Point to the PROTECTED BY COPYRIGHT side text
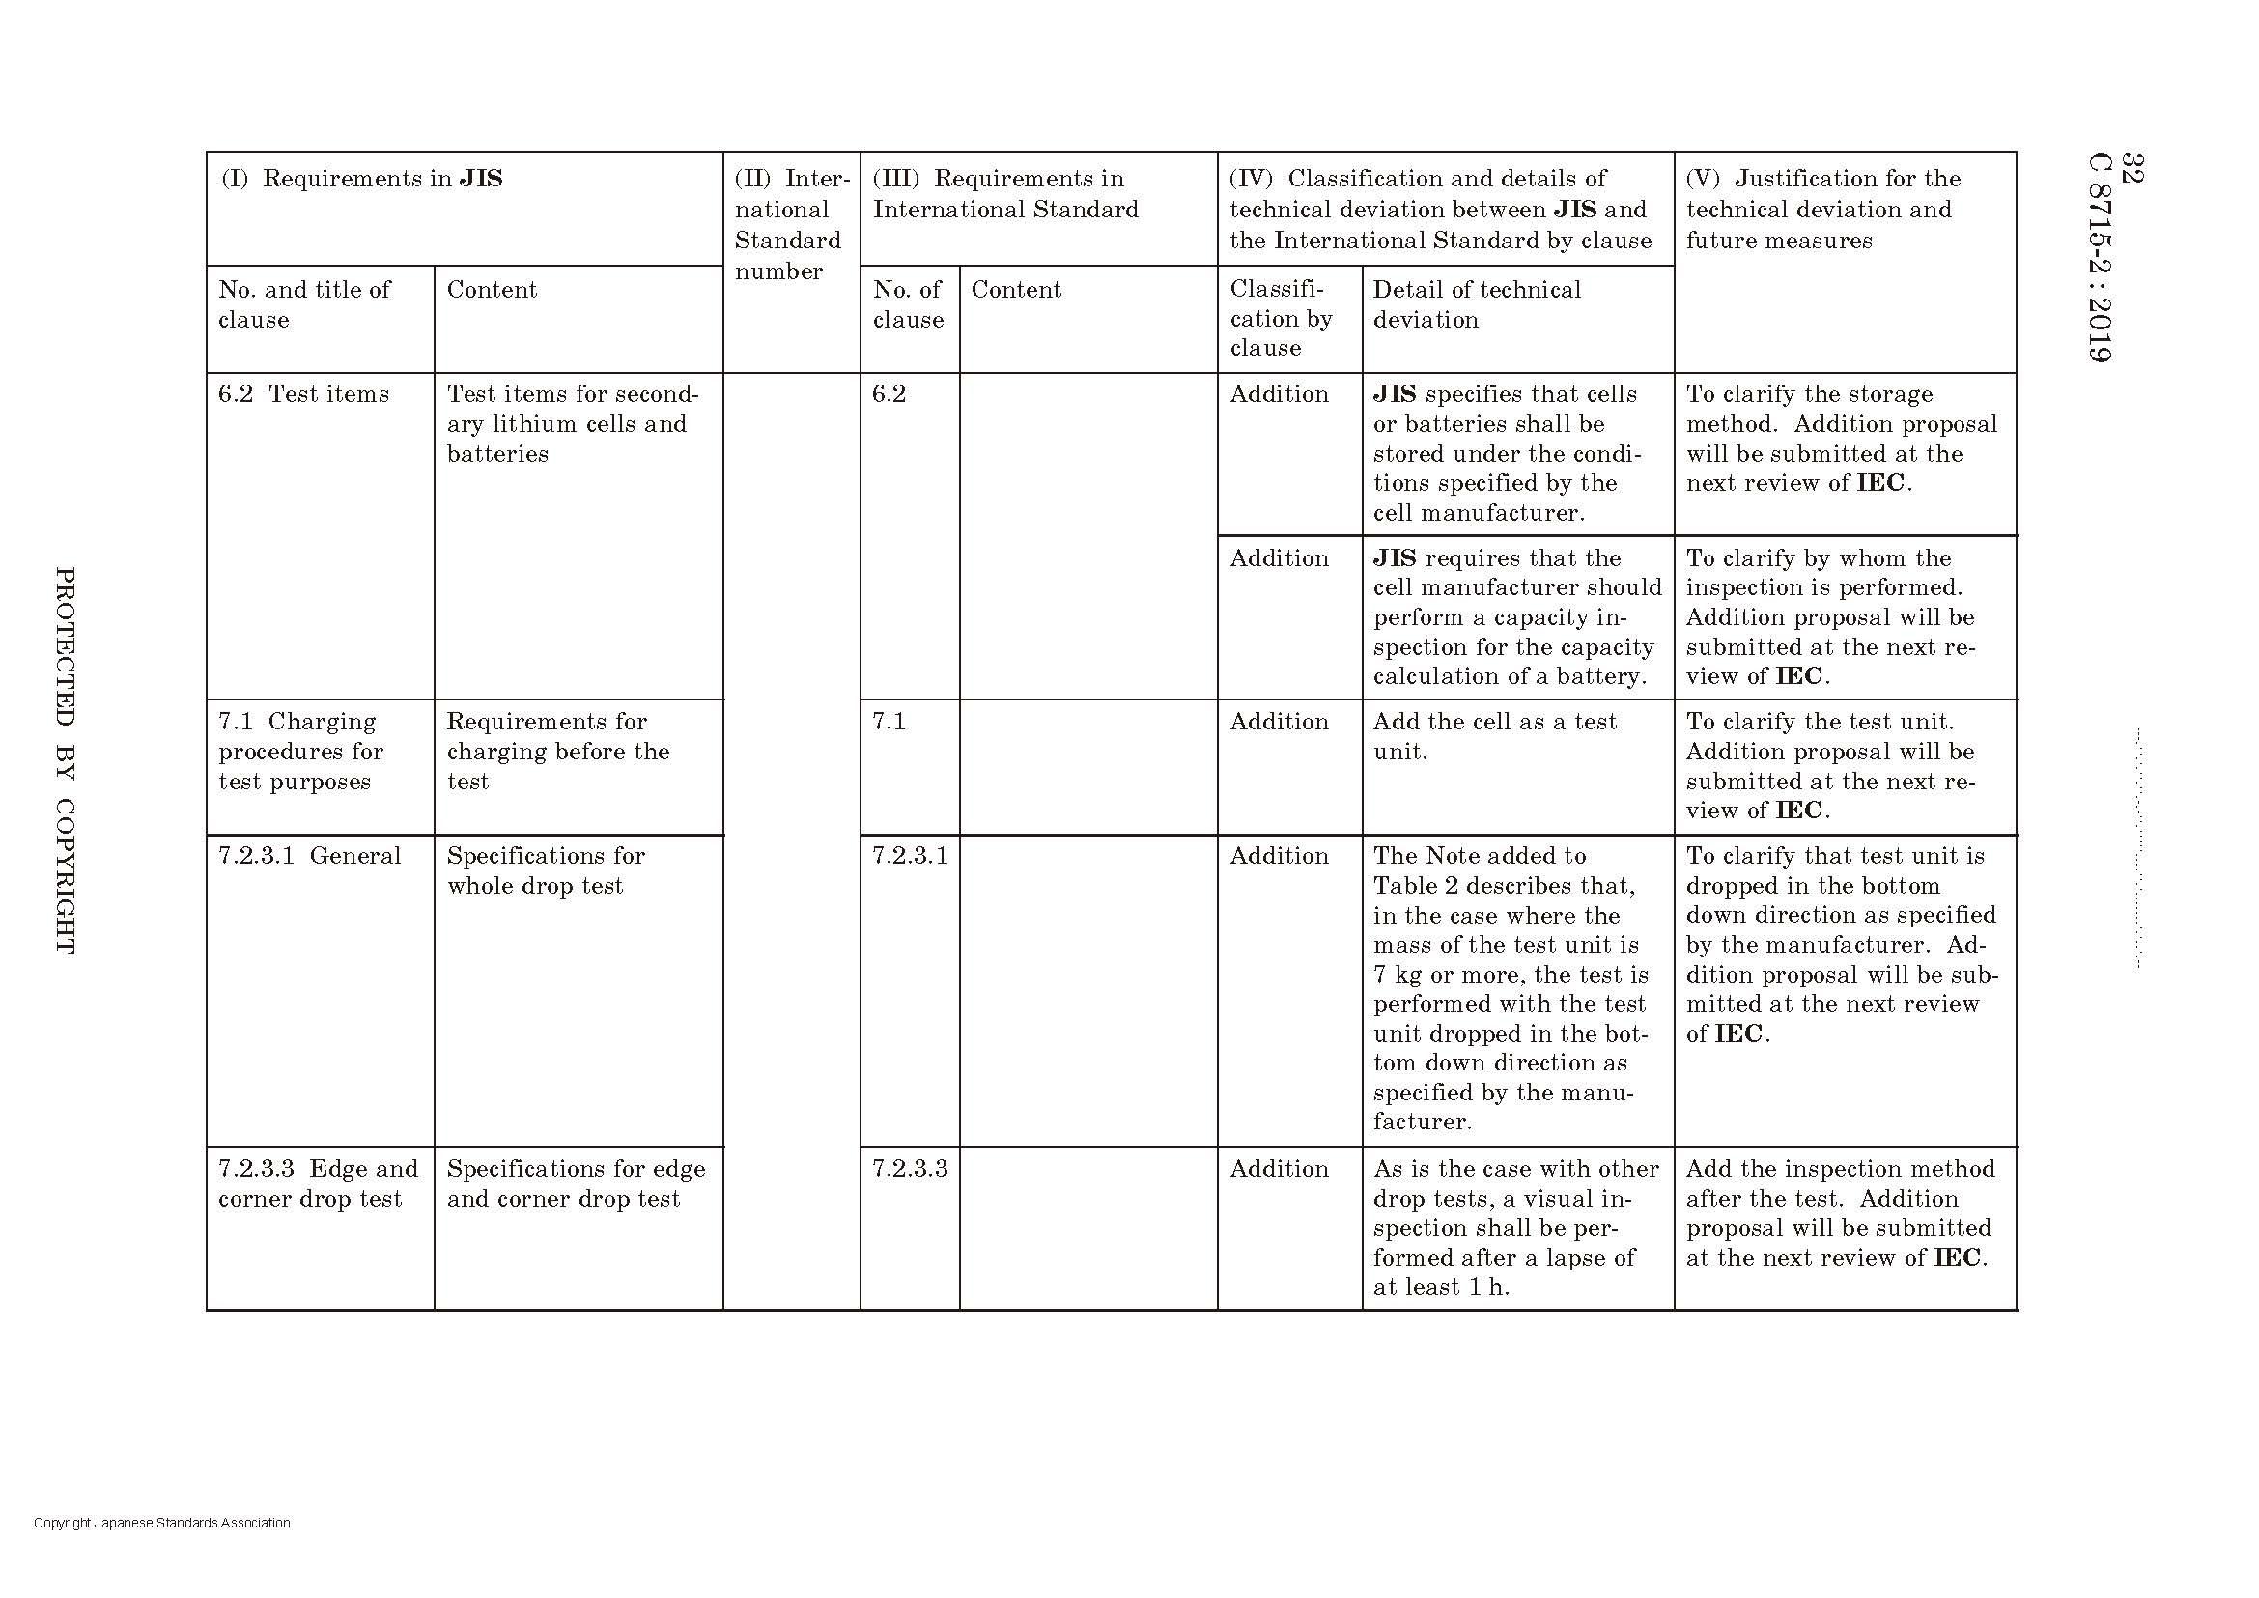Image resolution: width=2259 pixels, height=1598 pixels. point(65,758)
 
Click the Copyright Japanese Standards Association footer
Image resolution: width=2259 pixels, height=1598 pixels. point(161,1523)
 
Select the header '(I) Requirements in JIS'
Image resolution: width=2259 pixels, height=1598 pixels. point(361,179)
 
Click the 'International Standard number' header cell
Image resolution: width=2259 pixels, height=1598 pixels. point(790,224)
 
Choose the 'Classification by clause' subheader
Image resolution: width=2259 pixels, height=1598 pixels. point(1281,318)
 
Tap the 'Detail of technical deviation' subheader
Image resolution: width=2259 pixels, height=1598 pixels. point(1476,304)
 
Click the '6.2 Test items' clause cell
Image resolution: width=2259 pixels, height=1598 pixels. point(304,394)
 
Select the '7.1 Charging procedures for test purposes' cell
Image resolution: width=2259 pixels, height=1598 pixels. point(301,752)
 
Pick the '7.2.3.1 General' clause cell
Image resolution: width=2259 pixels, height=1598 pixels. point(309,856)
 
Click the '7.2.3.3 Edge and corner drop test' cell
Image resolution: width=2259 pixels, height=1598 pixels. point(317,1184)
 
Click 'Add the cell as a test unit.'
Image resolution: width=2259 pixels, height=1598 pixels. point(1493,737)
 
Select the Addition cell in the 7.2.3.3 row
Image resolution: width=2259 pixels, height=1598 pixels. point(1279,1169)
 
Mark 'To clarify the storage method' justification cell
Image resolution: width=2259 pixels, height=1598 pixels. point(1841,439)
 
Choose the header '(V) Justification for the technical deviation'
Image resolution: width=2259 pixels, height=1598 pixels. point(1822,209)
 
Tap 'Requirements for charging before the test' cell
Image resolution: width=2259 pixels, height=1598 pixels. point(558,752)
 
